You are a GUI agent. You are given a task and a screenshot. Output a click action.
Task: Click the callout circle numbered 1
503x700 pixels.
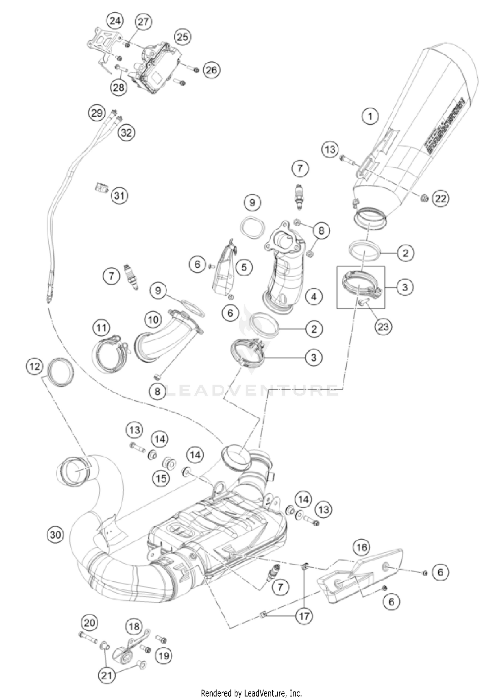tap(370, 117)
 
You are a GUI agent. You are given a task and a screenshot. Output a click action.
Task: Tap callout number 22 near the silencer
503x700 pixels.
tap(440, 199)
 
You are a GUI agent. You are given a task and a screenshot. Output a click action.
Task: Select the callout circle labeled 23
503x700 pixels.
tap(383, 326)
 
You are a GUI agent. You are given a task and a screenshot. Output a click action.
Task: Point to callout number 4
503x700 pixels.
tap(314, 296)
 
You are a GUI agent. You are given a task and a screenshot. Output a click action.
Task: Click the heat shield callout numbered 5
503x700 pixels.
tap(244, 267)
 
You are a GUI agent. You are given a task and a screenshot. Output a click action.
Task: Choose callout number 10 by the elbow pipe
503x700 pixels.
tap(153, 319)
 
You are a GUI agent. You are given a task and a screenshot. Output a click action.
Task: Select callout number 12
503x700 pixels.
tap(35, 366)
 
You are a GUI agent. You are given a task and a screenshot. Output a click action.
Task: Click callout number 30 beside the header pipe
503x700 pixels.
tap(55, 534)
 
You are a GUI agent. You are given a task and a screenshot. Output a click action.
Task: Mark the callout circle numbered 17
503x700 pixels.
tap(304, 616)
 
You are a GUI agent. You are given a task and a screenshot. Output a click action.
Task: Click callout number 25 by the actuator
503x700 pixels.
tap(182, 37)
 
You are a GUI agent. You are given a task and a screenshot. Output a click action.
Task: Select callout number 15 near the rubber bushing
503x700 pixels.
tap(161, 478)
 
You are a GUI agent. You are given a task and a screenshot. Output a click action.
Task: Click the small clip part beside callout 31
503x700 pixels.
tap(101, 189)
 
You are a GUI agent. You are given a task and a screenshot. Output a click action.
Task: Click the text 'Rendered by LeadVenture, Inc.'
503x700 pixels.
tap(251, 693)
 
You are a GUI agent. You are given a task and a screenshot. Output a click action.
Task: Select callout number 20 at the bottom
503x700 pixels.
tap(89, 623)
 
